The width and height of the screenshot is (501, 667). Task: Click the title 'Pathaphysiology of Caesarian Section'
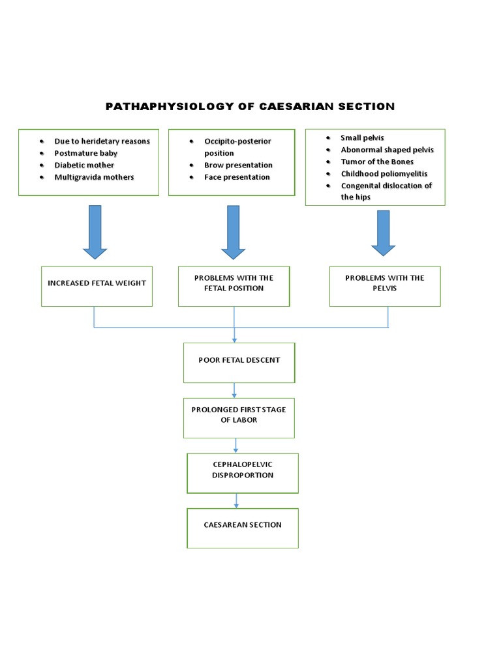[x=250, y=106]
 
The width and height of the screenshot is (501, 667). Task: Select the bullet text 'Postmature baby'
[x=85, y=153]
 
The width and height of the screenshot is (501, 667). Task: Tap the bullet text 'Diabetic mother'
[x=84, y=165]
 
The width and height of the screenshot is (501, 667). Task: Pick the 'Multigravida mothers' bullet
[x=94, y=177]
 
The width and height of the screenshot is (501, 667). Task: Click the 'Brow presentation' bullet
[x=238, y=165]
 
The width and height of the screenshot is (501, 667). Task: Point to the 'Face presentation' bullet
[x=237, y=177]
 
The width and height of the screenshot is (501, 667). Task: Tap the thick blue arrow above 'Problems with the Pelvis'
[x=383, y=233]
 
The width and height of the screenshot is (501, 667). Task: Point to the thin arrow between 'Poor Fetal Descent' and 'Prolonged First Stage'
[x=235, y=390]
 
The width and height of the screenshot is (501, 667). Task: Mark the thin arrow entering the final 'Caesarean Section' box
[x=236, y=501]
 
